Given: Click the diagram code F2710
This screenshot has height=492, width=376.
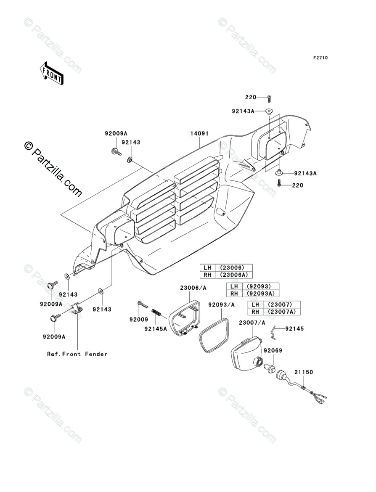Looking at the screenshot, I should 320,58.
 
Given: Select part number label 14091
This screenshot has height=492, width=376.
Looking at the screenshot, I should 199,133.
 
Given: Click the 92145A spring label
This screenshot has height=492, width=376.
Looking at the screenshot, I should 155,328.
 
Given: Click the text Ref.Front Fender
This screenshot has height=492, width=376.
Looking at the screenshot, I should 77,354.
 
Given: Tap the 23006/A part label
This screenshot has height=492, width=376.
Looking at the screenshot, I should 193,288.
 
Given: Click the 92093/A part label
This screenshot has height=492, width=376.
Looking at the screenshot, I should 221,304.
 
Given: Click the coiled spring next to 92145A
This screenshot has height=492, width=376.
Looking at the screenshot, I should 156,313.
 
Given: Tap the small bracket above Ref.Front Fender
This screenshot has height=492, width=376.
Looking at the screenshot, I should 76,309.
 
